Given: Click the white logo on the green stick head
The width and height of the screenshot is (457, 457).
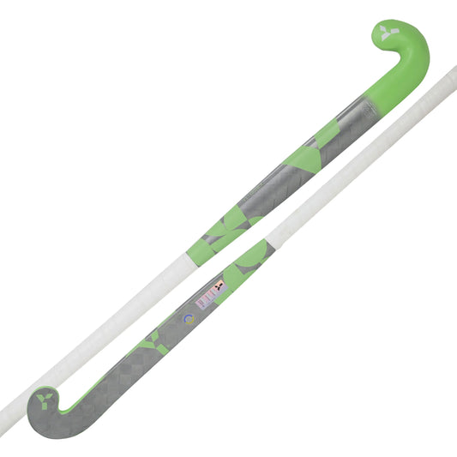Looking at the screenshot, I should pos(390,36).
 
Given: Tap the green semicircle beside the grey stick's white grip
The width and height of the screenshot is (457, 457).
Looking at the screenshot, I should pos(254,254).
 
